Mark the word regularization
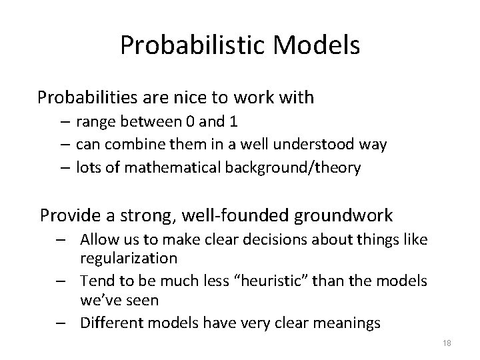tap(129, 257)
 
